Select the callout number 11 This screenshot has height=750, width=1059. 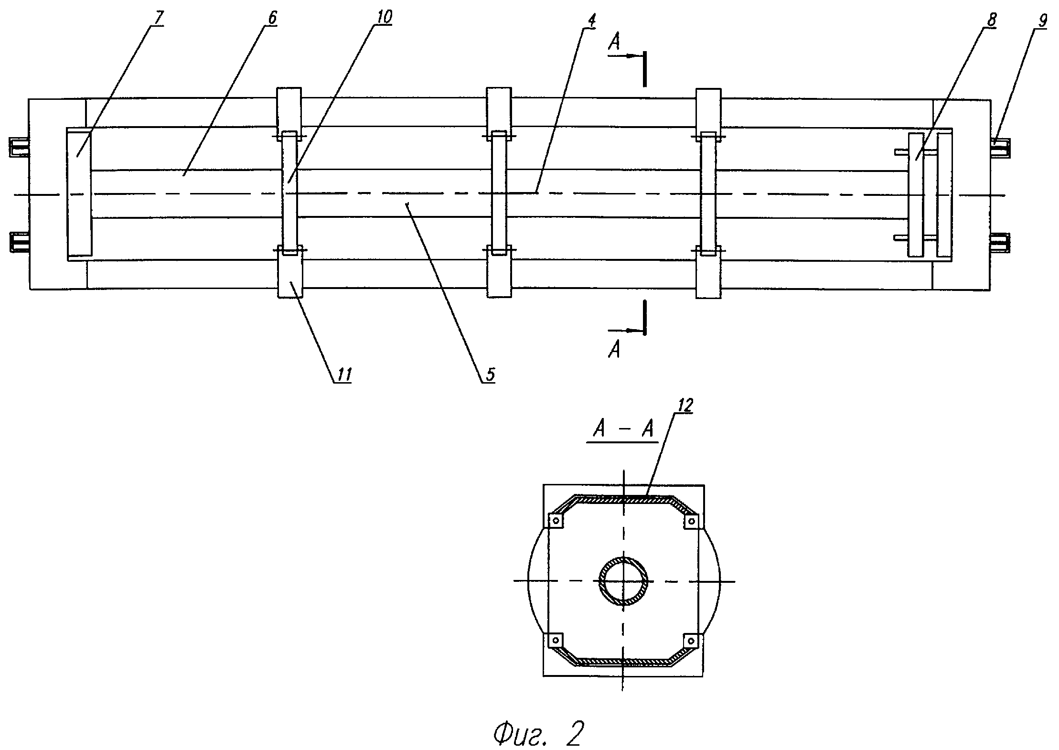(343, 374)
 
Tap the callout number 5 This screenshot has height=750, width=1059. (491, 374)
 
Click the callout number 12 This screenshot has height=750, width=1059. (684, 405)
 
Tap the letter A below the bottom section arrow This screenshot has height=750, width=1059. (614, 351)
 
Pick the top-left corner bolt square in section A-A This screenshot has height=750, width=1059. (556, 521)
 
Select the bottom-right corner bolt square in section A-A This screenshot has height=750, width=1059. (691, 640)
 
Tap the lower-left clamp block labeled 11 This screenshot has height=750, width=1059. (289, 275)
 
